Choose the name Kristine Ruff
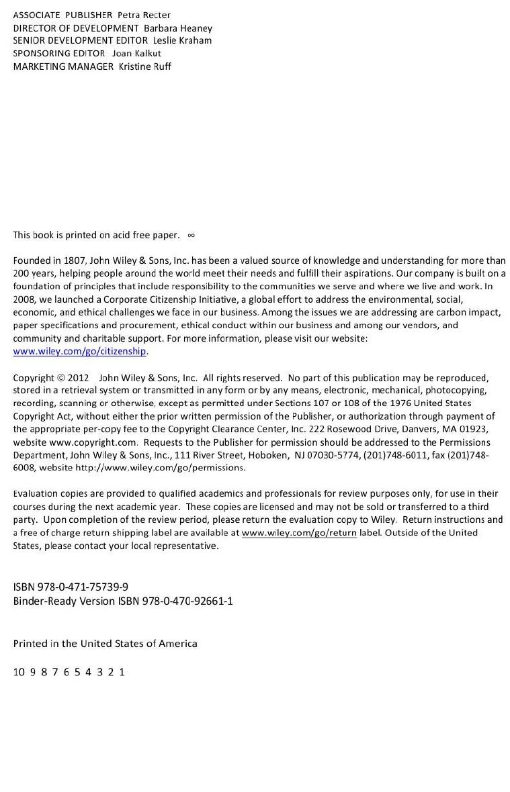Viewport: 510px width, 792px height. point(144,66)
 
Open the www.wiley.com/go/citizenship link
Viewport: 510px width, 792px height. point(79,351)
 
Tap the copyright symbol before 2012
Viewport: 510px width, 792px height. point(61,378)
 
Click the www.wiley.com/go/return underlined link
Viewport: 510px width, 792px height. point(299,532)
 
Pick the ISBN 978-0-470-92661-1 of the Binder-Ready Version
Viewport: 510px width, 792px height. point(187,601)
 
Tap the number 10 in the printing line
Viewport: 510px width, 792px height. point(19,672)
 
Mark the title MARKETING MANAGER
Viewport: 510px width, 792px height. point(64,66)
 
